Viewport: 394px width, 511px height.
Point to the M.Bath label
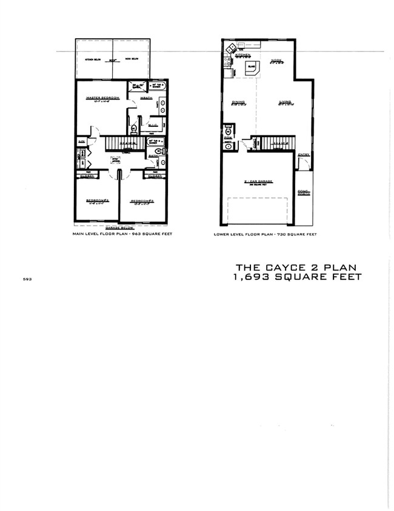[x=146, y=98]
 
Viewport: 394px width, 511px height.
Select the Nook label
[x=276, y=61]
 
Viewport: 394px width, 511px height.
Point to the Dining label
[x=238, y=102]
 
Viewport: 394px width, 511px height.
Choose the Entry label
[x=304, y=155]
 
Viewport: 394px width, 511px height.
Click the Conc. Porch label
[x=304, y=194]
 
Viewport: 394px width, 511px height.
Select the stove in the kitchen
[x=230, y=48]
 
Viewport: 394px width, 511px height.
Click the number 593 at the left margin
[x=27, y=280]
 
